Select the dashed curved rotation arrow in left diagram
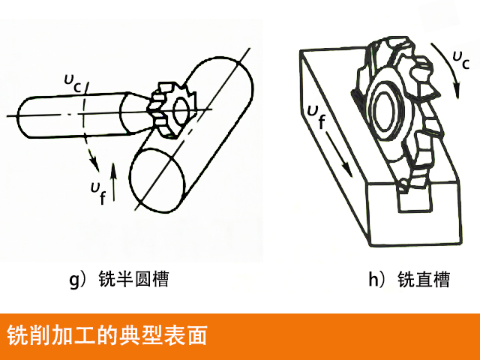(x=91, y=142)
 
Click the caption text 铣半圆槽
(x=135, y=280)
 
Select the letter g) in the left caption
(x=77, y=280)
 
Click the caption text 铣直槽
(x=424, y=280)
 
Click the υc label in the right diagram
(x=460, y=58)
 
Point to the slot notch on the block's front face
(x=411, y=202)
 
